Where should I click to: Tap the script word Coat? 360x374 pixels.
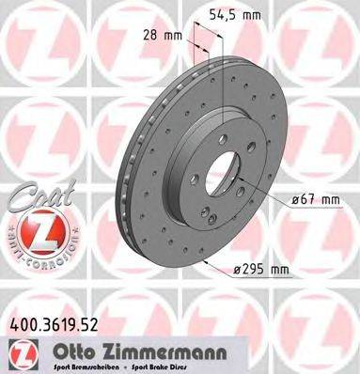pyautogui.click(x=32, y=192)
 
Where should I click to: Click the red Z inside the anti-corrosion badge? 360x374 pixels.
pyautogui.click(x=37, y=230)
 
